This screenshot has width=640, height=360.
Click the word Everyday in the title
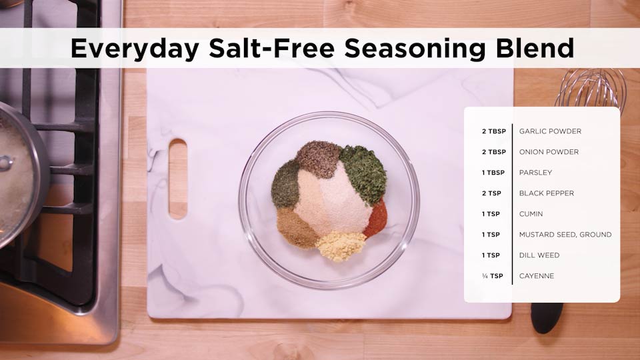point(135,49)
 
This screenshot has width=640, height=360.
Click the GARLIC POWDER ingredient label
point(550,131)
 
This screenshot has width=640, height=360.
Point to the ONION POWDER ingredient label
point(549,152)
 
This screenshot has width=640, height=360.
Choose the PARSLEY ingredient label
point(535,173)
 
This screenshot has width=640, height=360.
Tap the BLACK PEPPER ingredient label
point(547,193)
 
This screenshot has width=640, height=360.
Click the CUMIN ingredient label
point(531,214)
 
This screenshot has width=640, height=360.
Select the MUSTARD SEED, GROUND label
point(565,235)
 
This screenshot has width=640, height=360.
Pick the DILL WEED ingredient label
point(539,255)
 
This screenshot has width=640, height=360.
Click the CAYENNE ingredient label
point(537,276)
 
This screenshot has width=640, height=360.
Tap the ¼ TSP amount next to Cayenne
point(493,276)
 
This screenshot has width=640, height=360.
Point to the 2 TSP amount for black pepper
point(491,193)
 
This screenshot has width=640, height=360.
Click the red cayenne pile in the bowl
point(376,219)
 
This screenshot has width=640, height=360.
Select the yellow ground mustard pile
point(341,246)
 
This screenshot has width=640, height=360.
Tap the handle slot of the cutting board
point(178,179)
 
